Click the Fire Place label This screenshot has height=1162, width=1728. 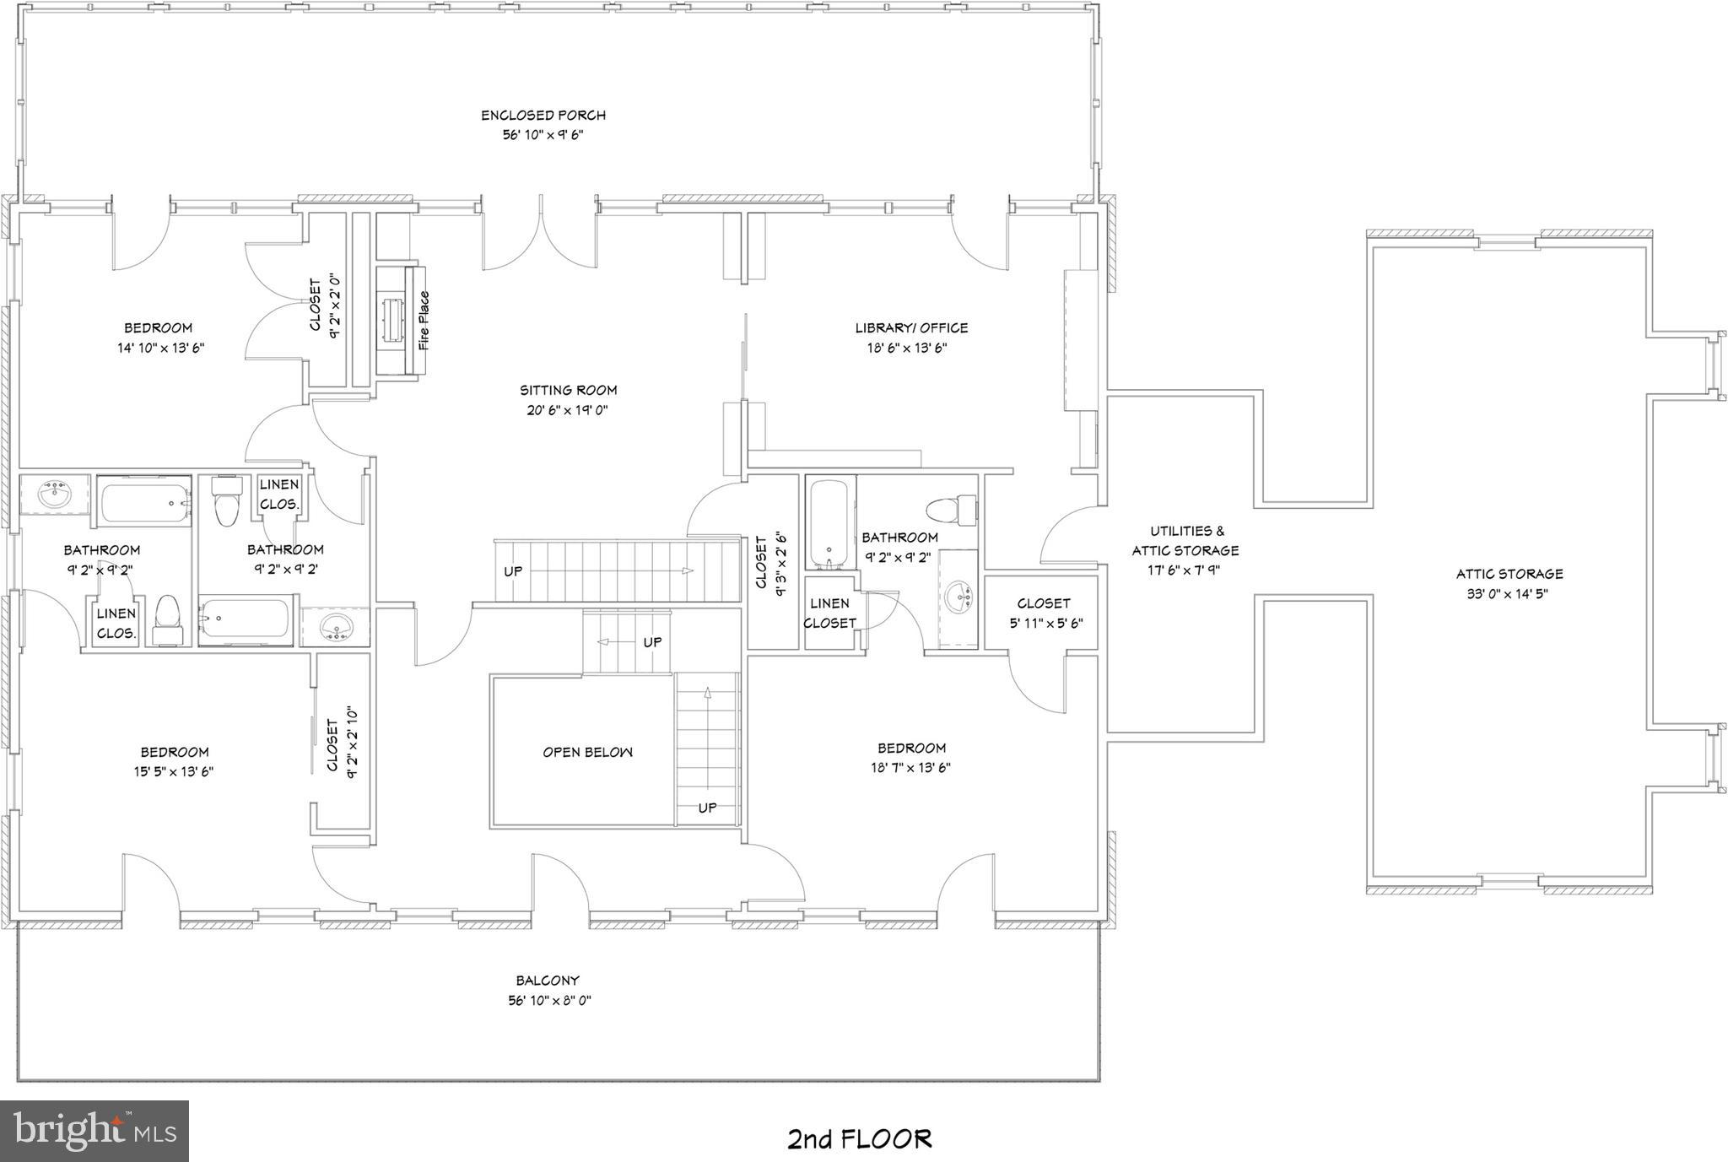click(424, 322)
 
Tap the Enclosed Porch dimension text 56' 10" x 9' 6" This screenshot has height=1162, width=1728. click(543, 135)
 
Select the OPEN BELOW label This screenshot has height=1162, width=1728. click(587, 752)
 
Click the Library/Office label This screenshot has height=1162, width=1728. click(911, 328)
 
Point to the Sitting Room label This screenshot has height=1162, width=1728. click(568, 390)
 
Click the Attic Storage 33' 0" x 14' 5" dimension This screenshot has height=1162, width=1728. click(1508, 594)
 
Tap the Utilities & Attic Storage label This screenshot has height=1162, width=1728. click(1185, 540)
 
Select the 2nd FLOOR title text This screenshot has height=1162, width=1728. click(859, 1139)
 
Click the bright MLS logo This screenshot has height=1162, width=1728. click(94, 1131)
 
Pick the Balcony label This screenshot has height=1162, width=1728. click(548, 981)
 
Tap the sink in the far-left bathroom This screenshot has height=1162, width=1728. click(54, 495)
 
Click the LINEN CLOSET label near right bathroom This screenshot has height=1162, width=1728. click(829, 613)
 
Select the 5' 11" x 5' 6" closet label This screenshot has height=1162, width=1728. click(1045, 624)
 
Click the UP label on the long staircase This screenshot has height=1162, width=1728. click(513, 571)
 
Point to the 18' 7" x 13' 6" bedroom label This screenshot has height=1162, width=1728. click(911, 768)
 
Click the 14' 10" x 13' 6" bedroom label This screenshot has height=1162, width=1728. click(160, 348)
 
